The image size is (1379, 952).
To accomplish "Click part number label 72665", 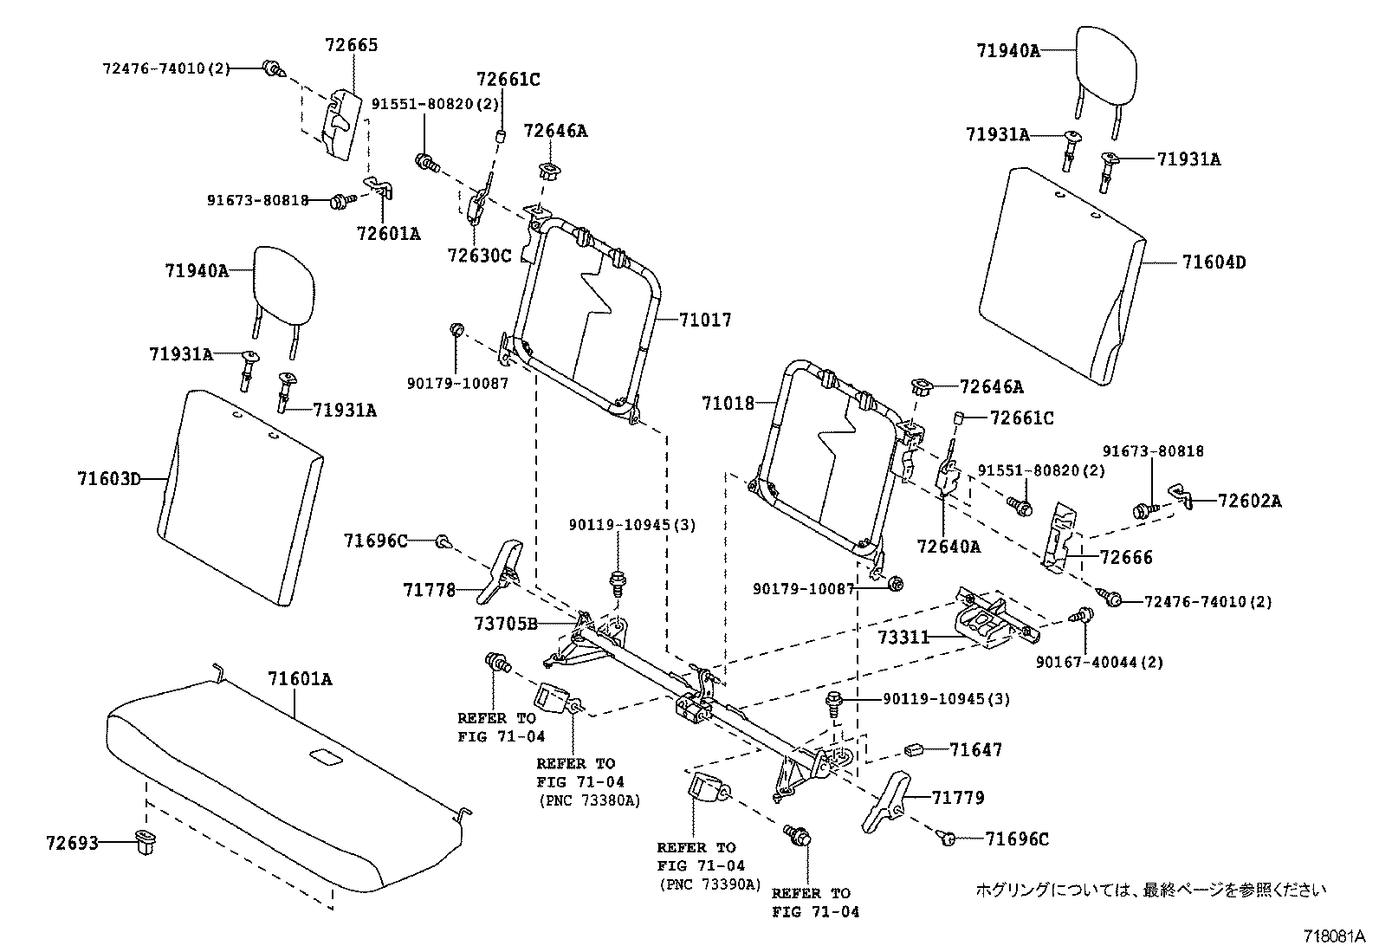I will point(351,45).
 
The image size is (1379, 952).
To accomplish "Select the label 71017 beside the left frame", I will point(705,321).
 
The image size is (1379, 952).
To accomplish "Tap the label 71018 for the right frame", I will point(728,403).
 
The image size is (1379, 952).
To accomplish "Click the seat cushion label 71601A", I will point(300,679).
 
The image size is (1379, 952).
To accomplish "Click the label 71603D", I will point(108,477).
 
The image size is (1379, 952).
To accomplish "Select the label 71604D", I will point(1214,262).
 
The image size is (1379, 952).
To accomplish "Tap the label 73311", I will point(903,638).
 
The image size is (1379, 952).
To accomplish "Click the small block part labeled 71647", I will point(914,748).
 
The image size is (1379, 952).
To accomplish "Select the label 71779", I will point(958,798).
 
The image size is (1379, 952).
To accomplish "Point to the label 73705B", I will point(506,624).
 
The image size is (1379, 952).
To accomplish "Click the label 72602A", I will point(1249,501).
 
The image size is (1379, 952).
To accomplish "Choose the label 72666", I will point(1126,558).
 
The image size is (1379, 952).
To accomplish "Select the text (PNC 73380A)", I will point(588,800).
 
